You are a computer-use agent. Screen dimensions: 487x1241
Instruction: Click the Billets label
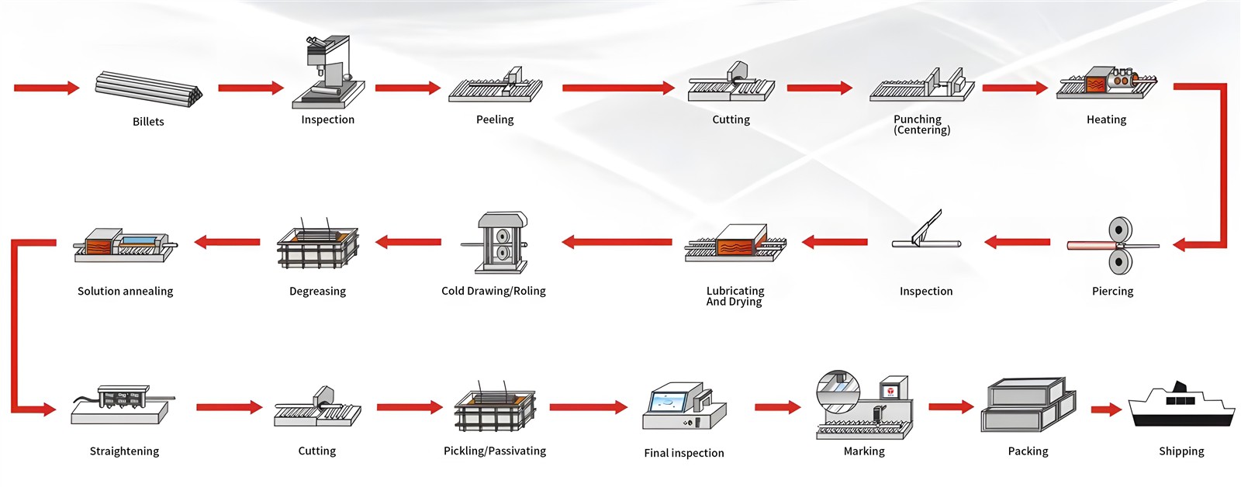point(148,122)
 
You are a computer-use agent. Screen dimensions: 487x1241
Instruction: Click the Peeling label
point(495,119)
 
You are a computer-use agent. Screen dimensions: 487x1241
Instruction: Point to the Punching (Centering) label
point(921,124)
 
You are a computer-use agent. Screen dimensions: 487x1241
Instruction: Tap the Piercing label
point(1112,291)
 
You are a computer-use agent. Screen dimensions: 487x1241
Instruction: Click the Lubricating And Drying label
point(735,295)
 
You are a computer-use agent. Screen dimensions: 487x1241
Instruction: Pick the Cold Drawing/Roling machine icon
point(495,242)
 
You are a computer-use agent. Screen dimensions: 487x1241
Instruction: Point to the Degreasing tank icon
point(317,243)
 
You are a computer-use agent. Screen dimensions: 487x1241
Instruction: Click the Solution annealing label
point(125,291)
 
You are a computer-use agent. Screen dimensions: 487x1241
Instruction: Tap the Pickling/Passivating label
point(495,451)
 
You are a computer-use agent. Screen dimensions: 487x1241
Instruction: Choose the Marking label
point(864,451)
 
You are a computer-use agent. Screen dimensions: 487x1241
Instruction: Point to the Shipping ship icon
point(1181,405)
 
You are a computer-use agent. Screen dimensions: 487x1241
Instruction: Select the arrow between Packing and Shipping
point(1106,409)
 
